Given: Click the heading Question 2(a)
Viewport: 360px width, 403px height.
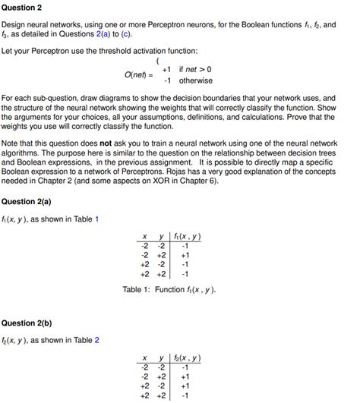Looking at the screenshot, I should (28, 201).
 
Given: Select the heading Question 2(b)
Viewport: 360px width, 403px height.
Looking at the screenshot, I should (28, 321).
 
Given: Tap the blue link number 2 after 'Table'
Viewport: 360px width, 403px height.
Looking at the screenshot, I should (96, 339).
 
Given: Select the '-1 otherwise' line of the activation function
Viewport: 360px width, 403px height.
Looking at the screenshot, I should (186, 80).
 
